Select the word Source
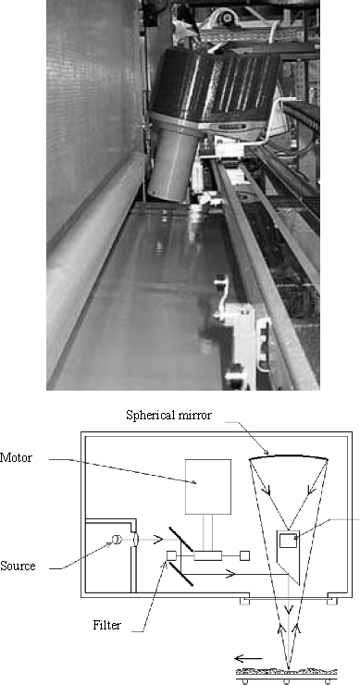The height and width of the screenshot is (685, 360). pos(19,566)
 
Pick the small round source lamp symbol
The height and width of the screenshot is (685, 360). pos(118,541)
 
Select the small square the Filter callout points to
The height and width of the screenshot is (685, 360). pos(171,555)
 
